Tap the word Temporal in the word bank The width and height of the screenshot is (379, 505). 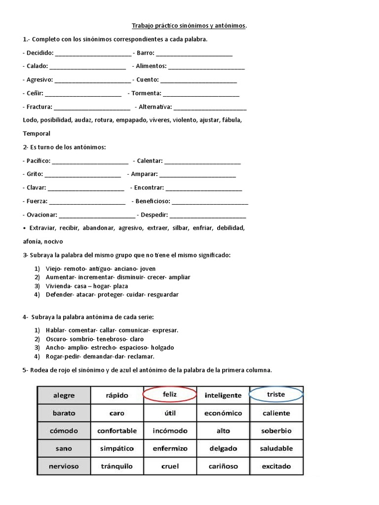37,133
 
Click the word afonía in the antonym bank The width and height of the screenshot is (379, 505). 32,241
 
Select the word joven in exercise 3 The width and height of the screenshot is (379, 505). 148,269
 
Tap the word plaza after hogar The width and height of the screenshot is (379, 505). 120,286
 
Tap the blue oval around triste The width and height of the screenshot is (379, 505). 276,395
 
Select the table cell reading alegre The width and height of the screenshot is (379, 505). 64,395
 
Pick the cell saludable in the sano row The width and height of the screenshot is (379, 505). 276,448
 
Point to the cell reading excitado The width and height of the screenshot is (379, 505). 276,466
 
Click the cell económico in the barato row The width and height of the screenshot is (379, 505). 223,413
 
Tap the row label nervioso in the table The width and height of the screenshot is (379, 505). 64,466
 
